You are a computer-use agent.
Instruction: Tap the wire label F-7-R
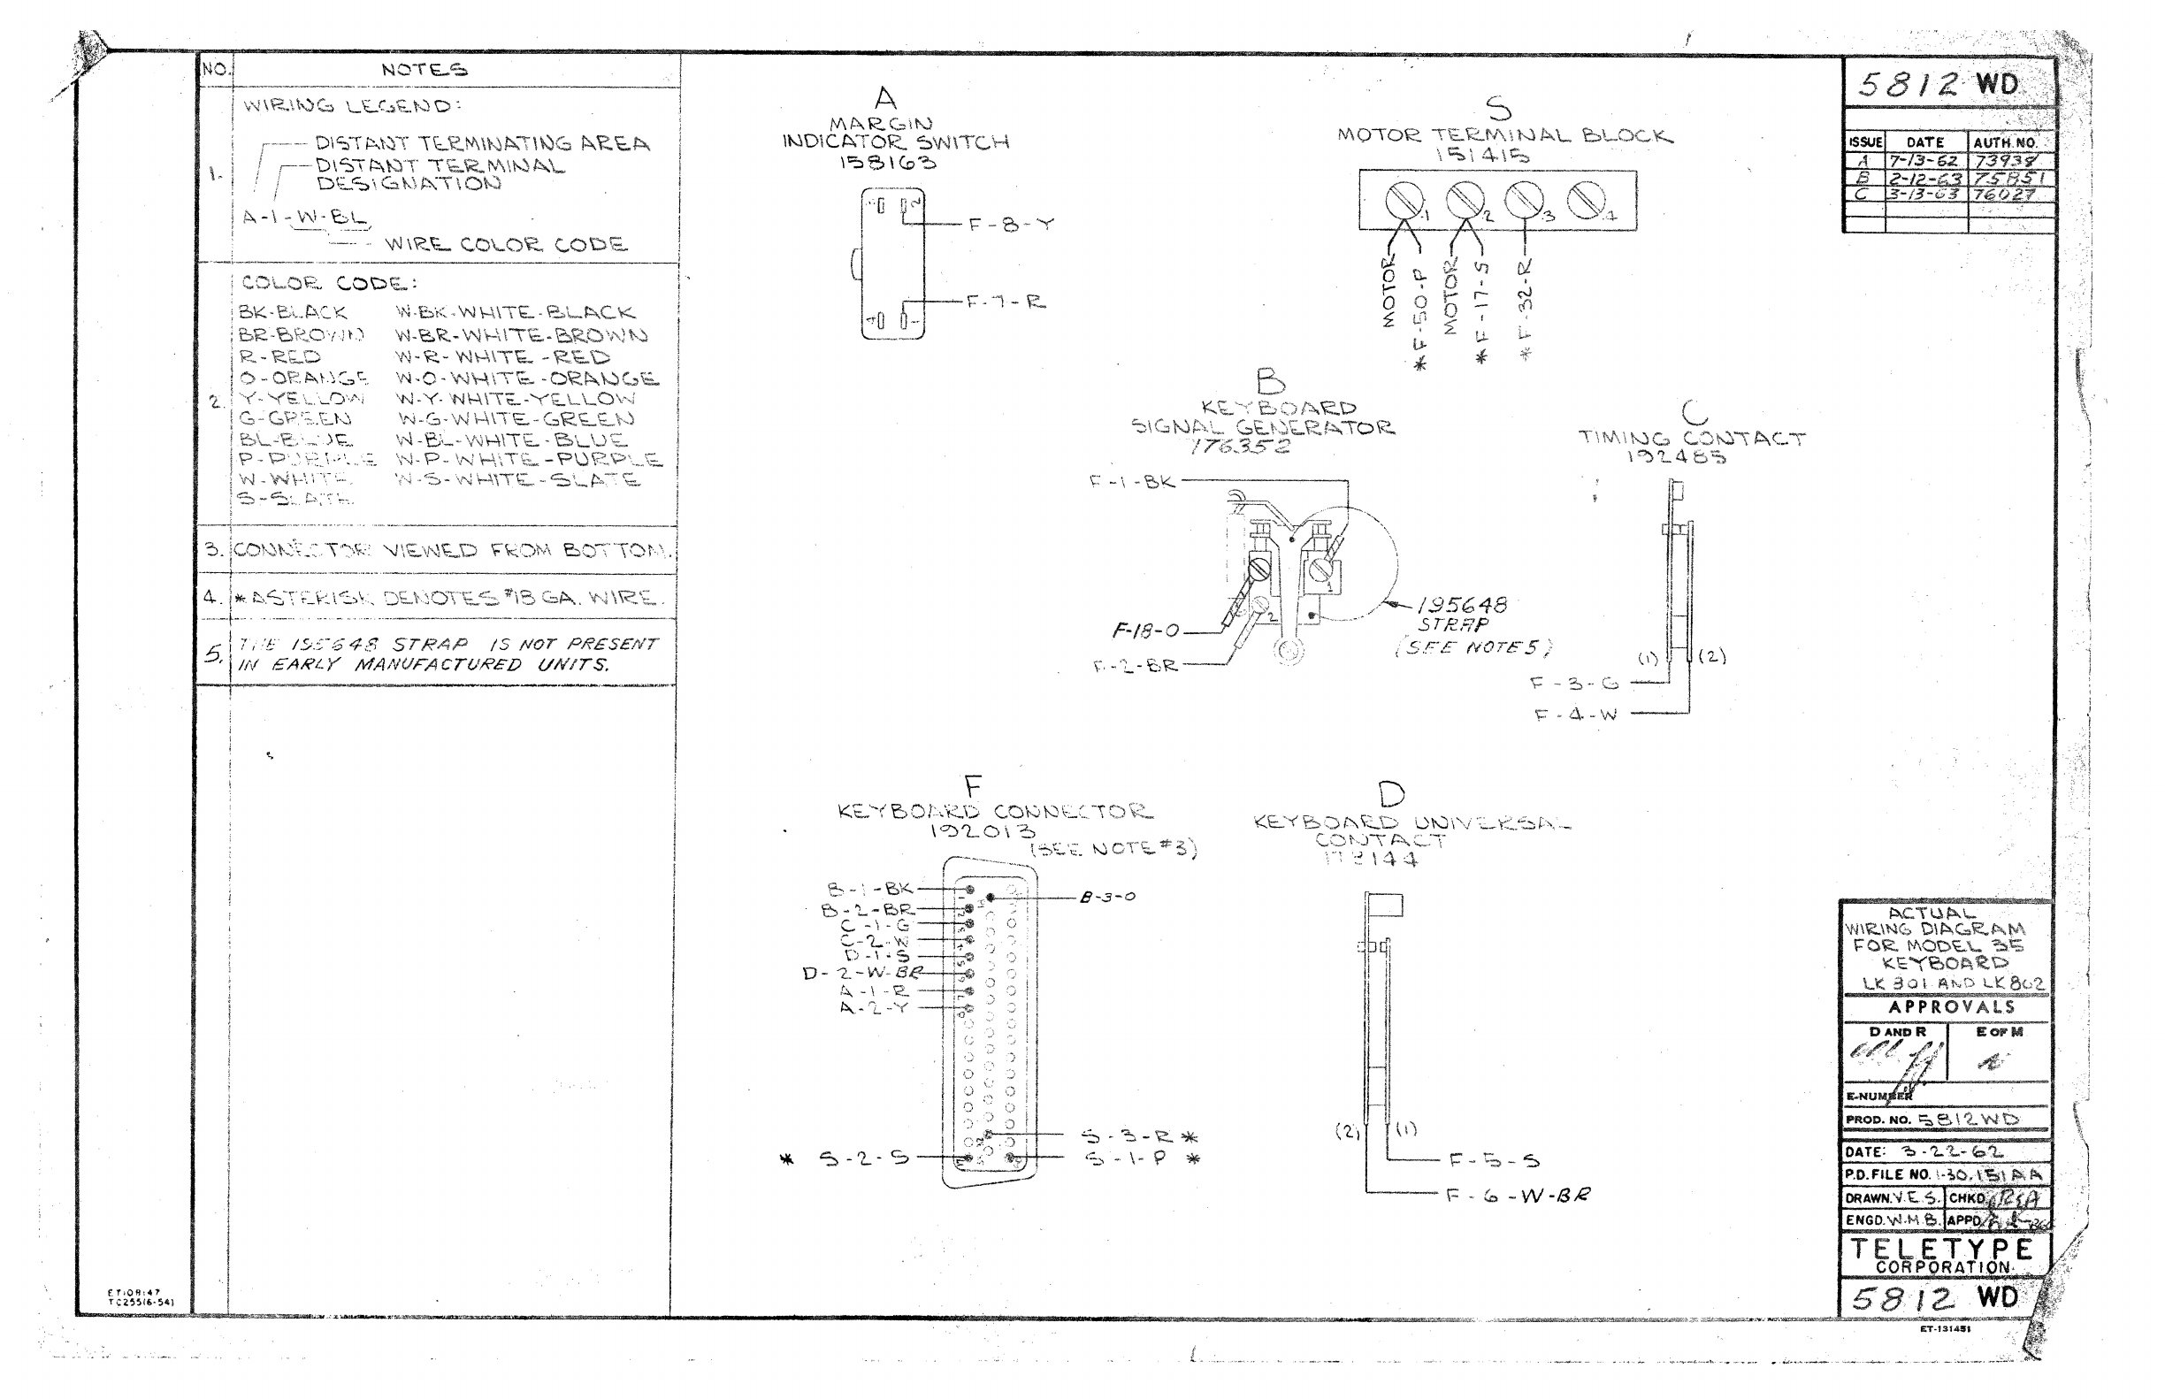pos(1005,302)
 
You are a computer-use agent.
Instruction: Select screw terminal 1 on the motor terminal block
pos(1404,200)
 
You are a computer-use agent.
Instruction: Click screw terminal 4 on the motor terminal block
pos(1587,200)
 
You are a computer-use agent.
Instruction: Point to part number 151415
pos(1481,156)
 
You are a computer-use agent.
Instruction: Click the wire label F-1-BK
pos(1132,481)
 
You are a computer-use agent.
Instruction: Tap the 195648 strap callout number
pos(1462,605)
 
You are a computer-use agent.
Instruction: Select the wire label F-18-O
pos(1145,631)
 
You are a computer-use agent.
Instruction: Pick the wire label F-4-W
pos(1576,715)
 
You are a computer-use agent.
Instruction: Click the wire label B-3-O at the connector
pos(1107,898)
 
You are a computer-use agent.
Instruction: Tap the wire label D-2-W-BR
pos(862,974)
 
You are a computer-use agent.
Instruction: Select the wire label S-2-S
pos(863,1158)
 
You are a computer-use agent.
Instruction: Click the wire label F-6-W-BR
pos(1519,1196)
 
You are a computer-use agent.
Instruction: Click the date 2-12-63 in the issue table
pos(1925,179)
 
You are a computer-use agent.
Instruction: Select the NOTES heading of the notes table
pos(425,70)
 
